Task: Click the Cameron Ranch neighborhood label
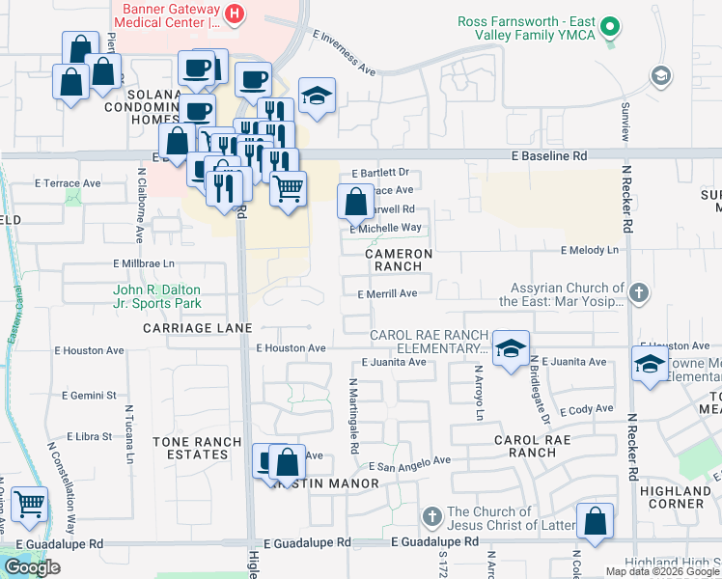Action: pos(399,259)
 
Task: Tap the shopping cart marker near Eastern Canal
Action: pos(31,503)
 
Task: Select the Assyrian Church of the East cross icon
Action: pos(637,291)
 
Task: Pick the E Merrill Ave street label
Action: pos(387,294)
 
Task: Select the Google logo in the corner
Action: pos(32,567)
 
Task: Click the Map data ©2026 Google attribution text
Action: pos(662,571)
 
